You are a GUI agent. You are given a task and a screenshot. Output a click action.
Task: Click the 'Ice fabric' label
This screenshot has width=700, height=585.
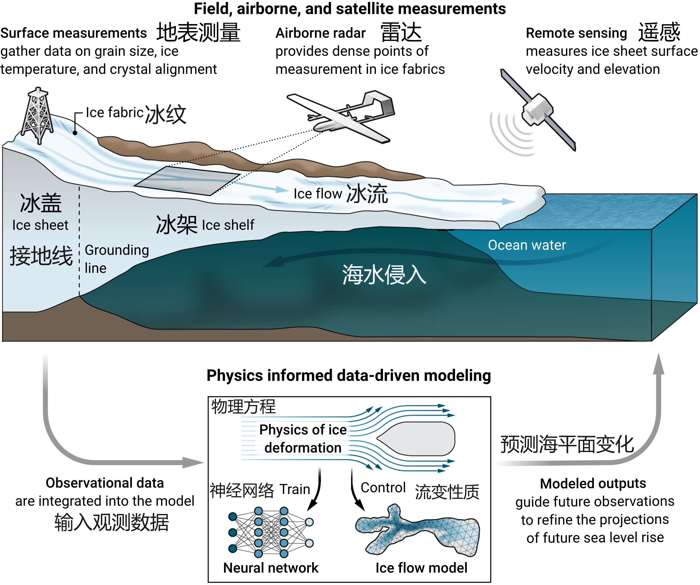coord(114,113)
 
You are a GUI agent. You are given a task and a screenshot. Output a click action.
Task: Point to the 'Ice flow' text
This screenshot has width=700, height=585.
coord(318,194)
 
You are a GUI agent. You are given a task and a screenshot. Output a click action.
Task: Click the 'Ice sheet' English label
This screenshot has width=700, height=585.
coord(40,225)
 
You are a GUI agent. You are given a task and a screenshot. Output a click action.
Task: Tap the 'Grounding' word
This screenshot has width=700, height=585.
coord(117,250)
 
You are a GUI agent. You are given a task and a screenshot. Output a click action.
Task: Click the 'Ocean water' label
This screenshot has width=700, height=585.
coord(527,245)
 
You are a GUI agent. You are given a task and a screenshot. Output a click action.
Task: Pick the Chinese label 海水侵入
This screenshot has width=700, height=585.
coord(384,275)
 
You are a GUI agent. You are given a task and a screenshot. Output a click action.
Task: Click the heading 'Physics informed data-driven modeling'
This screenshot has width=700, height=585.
coord(349,375)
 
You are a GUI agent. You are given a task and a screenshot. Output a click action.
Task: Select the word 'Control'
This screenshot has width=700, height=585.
coord(383,488)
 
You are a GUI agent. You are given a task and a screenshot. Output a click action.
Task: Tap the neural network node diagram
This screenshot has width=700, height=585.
coord(271,532)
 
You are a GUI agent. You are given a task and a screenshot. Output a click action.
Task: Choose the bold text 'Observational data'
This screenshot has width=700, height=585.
coord(105,483)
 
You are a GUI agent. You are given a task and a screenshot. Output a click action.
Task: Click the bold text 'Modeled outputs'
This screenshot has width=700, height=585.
coord(593,484)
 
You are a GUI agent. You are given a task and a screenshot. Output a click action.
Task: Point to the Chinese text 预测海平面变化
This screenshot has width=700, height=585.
coord(567,445)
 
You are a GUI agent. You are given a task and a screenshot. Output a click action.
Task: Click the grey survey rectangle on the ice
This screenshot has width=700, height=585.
coord(187,181)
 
